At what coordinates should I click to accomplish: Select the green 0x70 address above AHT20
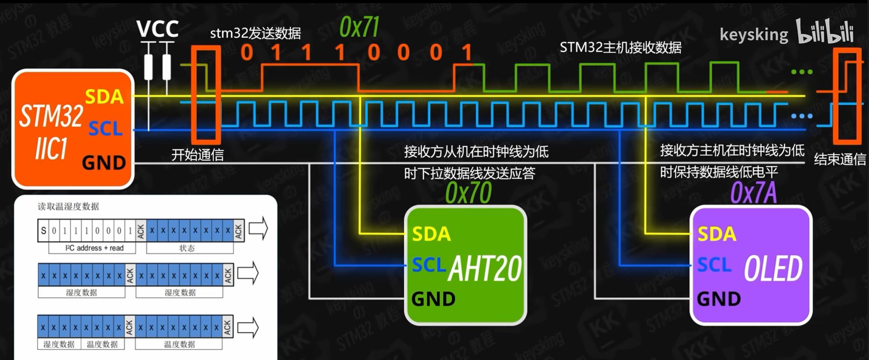(x=468, y=193)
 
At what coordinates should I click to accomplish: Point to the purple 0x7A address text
(x=753, y=193)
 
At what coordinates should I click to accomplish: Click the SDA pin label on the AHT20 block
(x=431, y=234)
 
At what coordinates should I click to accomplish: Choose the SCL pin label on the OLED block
(x=714, y=265)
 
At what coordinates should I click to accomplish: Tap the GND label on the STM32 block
(x=104, y=163)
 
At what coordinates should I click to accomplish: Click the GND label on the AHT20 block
(x=433, y=299)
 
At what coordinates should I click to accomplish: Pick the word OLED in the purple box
(x=773, y=269)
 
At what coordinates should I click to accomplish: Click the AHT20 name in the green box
(x=485, y=269)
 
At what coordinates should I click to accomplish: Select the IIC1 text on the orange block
(x=51, y=149)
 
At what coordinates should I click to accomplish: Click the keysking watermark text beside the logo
(x=754, y=34)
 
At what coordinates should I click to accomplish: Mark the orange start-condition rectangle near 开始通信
(x=206, y=94)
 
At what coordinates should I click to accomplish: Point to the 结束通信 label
(x=840, y=159)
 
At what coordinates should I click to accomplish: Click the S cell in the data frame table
(x=43, y=231)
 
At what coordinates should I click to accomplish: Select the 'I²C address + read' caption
(x=94, y=248)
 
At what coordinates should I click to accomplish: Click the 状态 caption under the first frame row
(x=187, y=248)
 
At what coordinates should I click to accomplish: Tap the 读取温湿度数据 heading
(x=68, y=206)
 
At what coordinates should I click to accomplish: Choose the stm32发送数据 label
(x=255, y=33)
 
